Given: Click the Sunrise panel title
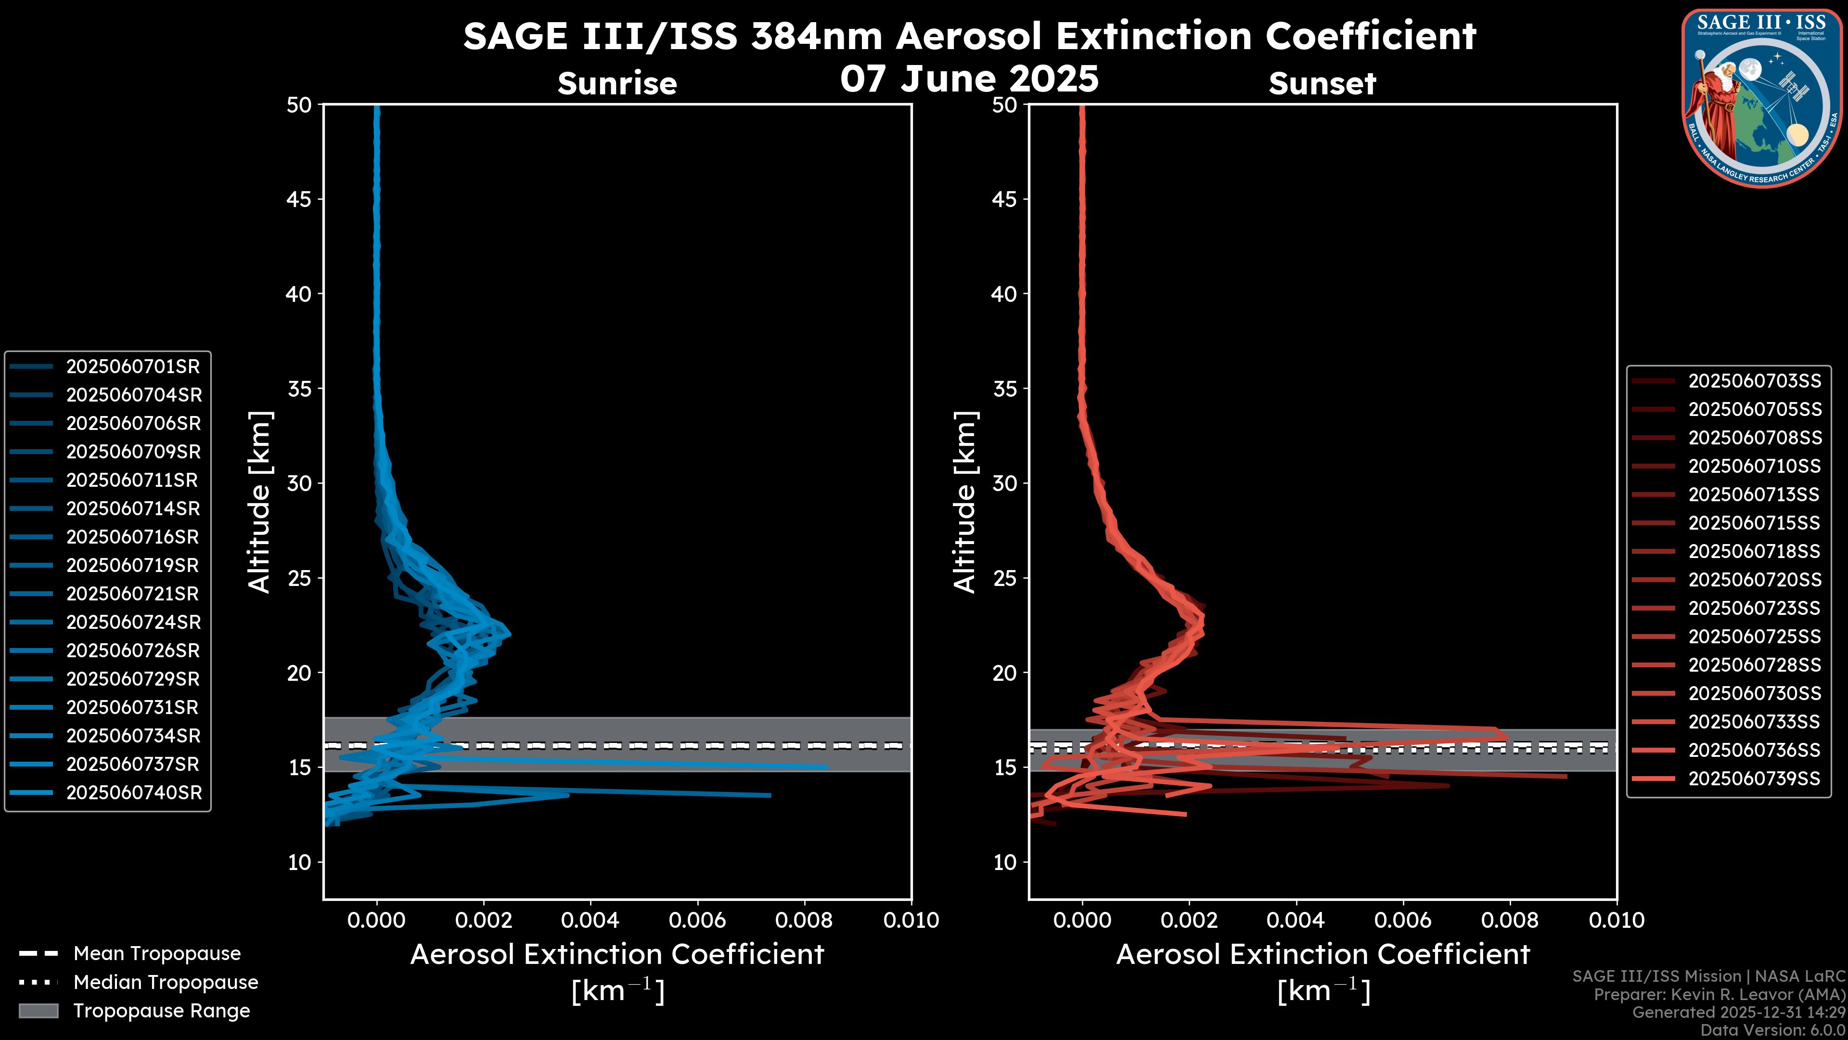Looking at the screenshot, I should tap(617, 84).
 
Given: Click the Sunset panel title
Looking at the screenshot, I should tap(1322, 84).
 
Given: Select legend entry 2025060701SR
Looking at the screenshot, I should tap(133, 367).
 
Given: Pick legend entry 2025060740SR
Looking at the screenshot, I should tap(134, 793).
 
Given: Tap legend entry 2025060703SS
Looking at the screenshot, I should tap(1754, 381).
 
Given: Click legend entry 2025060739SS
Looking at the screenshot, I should tap(1754, 779).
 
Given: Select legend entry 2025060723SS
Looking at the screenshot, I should tap(1754, 609).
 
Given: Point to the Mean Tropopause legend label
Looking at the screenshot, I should tap(157, 954).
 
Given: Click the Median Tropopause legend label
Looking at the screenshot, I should tap(166, 983).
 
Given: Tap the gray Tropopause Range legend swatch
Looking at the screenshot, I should tap(38, 1011).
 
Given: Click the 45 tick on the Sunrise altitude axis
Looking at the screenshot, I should tap(300, 199).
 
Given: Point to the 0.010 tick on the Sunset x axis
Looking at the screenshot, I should tap(1617, 920).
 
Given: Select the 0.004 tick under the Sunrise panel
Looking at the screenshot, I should tap(590, 920).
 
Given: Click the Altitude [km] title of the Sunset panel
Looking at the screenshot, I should tap(965, 502).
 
